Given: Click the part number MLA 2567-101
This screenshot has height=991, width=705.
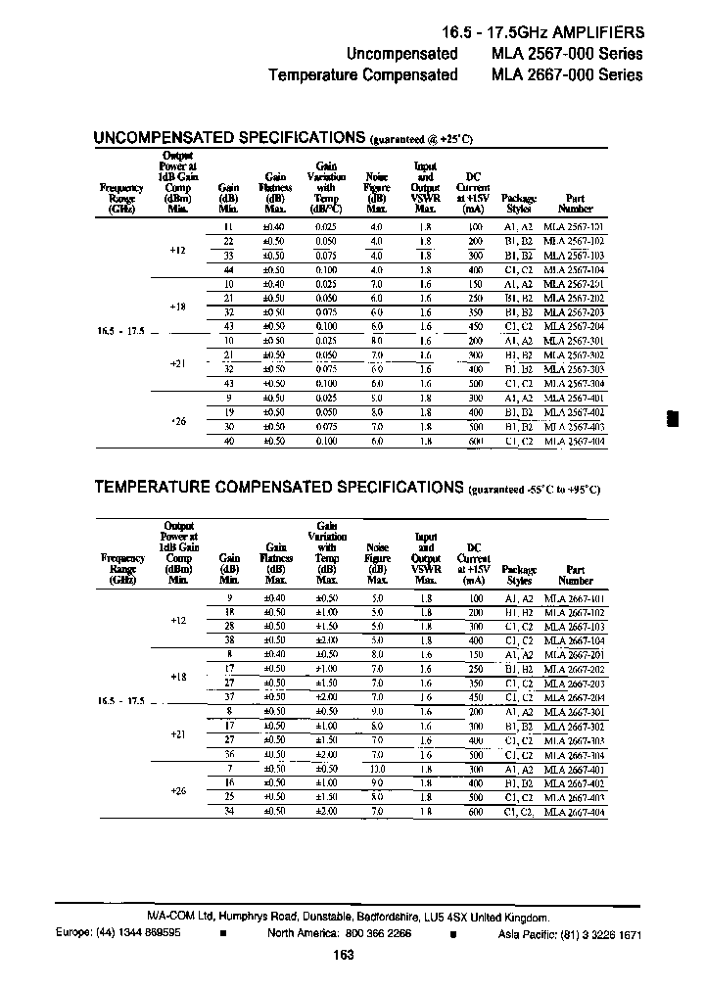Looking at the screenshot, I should (x=575, y=226).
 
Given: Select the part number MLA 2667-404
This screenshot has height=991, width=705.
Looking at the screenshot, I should (x=575, y=813).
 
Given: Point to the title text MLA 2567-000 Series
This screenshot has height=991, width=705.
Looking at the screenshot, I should (x=566, y=53).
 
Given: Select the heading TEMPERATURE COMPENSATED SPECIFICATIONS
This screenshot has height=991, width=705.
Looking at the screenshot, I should (x=278, y=487).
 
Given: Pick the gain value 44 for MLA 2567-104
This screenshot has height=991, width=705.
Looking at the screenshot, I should (x=228, y=269).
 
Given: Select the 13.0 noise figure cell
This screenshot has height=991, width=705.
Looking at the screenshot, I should (x=377, y=771).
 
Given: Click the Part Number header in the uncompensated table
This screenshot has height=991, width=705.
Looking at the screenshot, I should (x=575, y=203).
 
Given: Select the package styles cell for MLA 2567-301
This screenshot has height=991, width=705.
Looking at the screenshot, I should (x=518, y=341).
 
